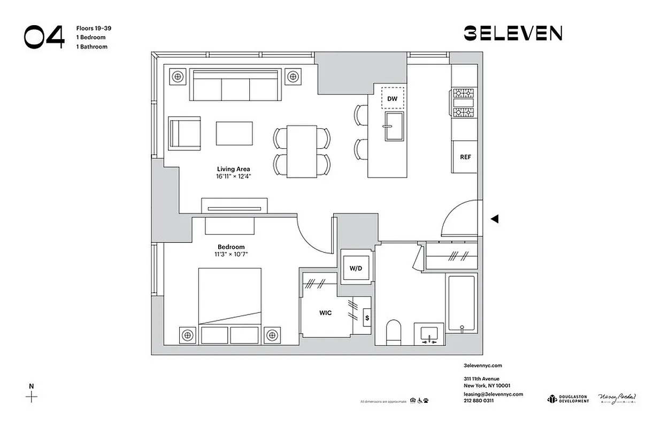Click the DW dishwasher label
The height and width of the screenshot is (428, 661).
[x=392, y=99]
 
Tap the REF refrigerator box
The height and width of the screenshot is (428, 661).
[x=465, y=157]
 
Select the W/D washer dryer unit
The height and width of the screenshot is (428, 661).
[x=356, y=267]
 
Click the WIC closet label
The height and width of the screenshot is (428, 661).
[x=325, y=313]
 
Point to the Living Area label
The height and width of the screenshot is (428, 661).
[x=233, y=169]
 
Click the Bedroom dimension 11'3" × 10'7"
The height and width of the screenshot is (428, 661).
[x=231, y=255]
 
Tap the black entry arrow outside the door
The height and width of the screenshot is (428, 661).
[x=495, y=219]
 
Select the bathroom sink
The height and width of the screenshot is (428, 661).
[x=429, y=334]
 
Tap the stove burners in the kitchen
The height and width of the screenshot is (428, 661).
[x=464, y=103]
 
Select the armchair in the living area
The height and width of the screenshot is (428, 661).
[x=185, y=133]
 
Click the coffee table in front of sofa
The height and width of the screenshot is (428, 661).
[x=234, y=133]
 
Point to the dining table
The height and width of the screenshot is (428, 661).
[x=302, y=151]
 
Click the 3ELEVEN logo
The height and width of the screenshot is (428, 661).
[x=512, y=34]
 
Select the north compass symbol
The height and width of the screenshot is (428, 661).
[x=32, y=396]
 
